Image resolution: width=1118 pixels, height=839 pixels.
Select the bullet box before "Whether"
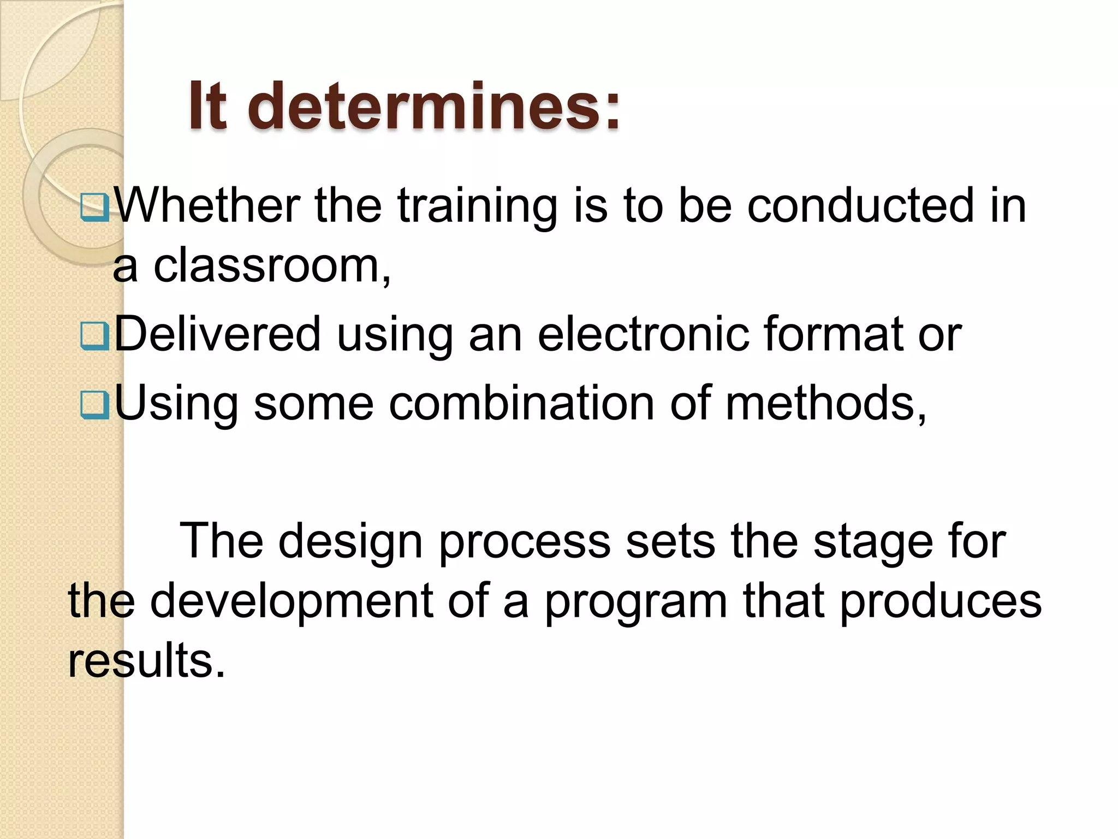(95, 208)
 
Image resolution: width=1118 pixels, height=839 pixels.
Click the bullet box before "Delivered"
(95, 336)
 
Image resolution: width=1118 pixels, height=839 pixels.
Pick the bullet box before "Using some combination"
(95, 405)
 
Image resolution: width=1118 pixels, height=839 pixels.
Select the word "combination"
(521, 404)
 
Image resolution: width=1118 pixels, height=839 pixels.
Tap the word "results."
(146, 660)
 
